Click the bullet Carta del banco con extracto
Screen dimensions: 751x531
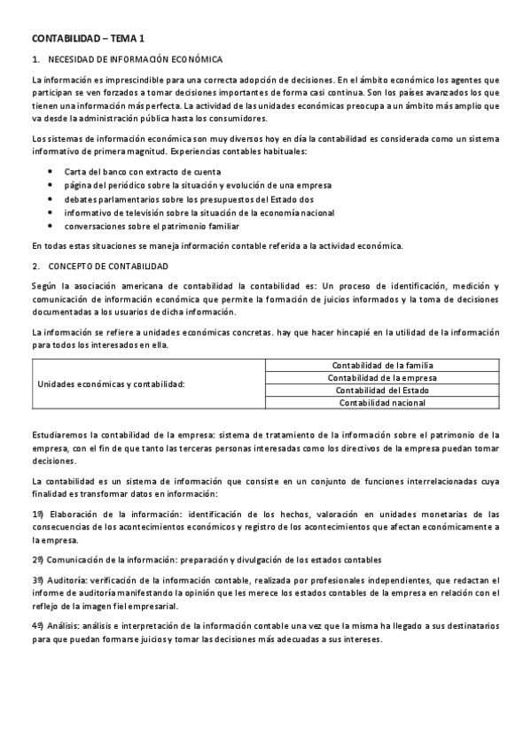point(142,171)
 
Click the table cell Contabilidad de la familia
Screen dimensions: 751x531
point(382,365)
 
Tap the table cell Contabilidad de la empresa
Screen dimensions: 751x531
point(382,377)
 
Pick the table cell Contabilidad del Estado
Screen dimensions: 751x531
point(382,390)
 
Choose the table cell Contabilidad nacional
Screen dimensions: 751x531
point(382,402)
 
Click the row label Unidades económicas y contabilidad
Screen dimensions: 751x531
point(111,383)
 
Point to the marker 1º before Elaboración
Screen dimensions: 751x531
point(37,514)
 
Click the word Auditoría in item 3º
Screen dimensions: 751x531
point(66,579)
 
